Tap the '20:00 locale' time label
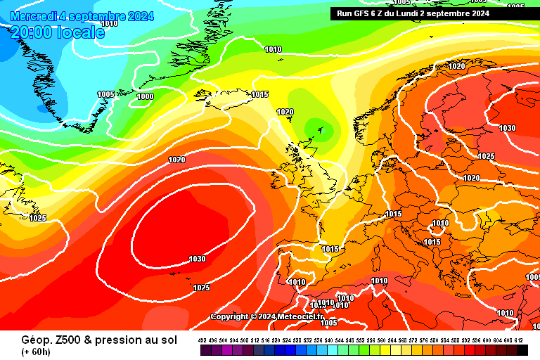pos(58,32)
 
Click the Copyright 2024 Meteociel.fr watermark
pos(266,316)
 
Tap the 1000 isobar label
pos(146,96)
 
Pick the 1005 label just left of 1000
pos(105,94)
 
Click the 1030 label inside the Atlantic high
pos(197,259)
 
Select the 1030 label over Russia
pos(507,128)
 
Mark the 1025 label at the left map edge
pos(37,219)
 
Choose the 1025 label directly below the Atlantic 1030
pos(201,288)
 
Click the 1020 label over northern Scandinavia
pos(456,66)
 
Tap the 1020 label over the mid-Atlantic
pos(176,160)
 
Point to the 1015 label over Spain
pos(330,249)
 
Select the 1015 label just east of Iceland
pos(260,94)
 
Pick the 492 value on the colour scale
pos(204,340)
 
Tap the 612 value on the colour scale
pos(519,340)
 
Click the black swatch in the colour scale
pos(522,349)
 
